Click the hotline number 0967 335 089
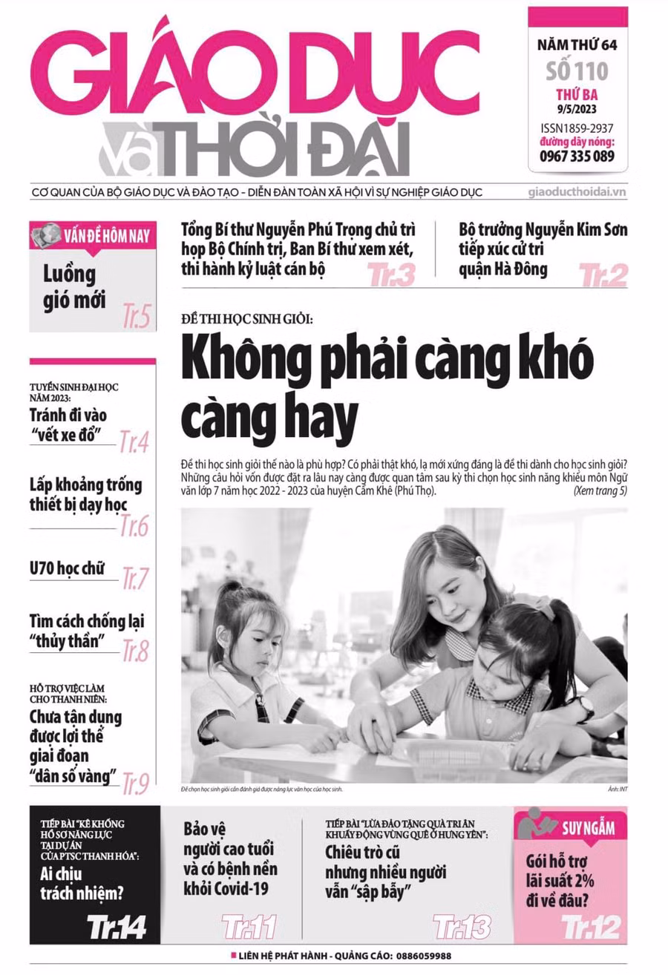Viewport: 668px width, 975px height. click(577, 156)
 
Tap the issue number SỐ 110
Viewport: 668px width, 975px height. click(577, 71)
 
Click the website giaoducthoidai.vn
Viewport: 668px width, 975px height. click(577, 192)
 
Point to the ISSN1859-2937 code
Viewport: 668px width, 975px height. click(577, 127)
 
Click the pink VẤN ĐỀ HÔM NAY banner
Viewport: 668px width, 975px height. click(93, 237)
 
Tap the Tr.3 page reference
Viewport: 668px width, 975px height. click(391, 276)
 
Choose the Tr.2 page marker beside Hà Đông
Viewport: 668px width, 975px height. click(603, 276)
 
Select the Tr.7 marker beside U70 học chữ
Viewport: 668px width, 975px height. click(135, 577)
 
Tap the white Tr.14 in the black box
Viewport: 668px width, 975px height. click(116, 926)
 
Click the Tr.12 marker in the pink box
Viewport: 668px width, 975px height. click(591, 926)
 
